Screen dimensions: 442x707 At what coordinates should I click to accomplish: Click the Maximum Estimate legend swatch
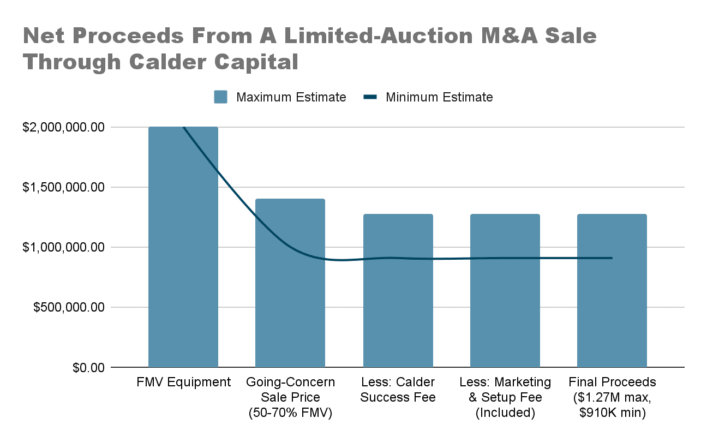[221, 97]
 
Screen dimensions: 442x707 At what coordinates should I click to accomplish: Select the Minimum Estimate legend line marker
[370, 97]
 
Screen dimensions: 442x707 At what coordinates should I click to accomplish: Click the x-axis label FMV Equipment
[183, 382]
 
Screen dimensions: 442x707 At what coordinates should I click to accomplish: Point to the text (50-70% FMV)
[290, 413]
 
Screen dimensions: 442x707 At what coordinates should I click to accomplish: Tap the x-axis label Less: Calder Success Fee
[398, 390]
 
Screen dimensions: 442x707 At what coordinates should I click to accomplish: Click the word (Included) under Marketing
[505, 413]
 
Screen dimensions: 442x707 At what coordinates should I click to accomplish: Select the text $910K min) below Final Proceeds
[612, 413]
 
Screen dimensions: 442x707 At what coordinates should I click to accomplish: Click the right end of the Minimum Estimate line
[612, 258]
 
